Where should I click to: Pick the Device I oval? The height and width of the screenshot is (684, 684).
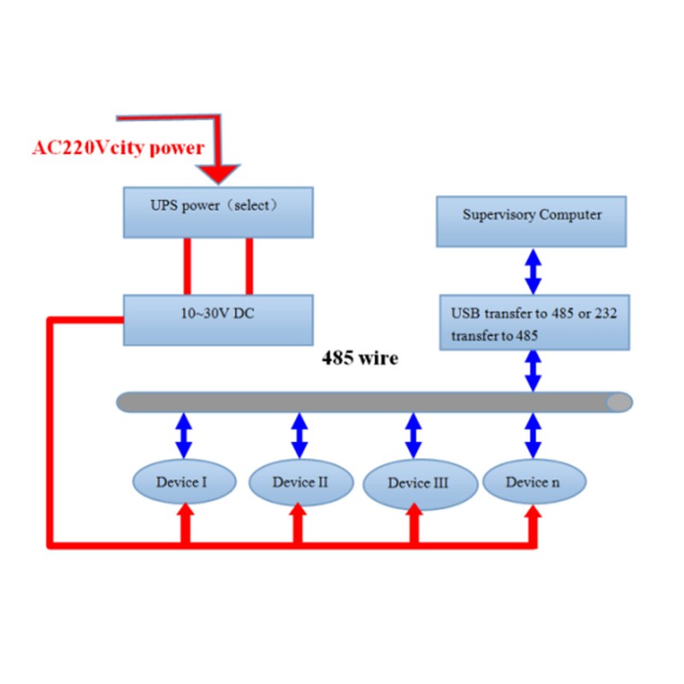(183, 482)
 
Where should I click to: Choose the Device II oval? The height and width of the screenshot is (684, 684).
(300, 482)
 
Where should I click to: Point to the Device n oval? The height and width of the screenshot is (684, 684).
(534, 482)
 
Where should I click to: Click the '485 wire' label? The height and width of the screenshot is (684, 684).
(359, 358)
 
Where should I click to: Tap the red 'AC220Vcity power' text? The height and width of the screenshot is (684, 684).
(118, 147)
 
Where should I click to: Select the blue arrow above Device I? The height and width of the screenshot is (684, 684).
(183, 435)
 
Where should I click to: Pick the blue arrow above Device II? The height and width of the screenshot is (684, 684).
(299, 435)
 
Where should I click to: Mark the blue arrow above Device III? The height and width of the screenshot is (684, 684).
(414, 435)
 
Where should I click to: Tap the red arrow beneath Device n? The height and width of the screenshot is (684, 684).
(534, 522)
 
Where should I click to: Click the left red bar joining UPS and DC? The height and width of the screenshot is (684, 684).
(186, 266)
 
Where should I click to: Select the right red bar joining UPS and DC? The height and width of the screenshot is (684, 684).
(250, 266)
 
